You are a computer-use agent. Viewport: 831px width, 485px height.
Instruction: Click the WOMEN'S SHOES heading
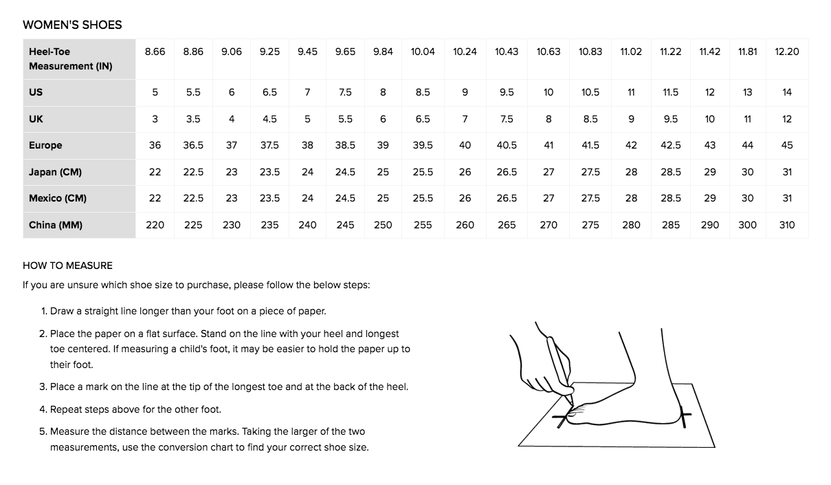[72, 25]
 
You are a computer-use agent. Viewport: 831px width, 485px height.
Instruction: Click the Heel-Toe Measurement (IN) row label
[70, 58]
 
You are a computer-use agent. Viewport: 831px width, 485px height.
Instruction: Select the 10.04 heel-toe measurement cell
[423, 52]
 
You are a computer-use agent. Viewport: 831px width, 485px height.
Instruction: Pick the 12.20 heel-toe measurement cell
[786, 52]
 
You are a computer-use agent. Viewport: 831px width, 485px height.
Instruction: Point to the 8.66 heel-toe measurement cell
[155, 52]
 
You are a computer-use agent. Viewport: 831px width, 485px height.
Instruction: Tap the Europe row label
[45, 145]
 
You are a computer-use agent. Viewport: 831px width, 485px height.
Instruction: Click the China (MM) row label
[56, 225]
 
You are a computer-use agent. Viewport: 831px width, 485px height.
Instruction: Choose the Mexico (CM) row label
[58, 198]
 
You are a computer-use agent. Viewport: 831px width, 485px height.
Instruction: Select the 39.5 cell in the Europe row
[423, 145]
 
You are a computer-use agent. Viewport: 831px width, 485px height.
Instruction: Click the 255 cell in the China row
[423, 225]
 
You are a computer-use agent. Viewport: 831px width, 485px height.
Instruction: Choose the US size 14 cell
[787, 92]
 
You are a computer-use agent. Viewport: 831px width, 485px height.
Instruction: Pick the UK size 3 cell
[155, 119]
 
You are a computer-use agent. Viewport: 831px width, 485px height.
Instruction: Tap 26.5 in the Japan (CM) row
[507, 172]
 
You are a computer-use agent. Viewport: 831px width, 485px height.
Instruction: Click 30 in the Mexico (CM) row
[747, 198]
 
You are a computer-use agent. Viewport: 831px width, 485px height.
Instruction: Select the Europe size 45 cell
[787, 145]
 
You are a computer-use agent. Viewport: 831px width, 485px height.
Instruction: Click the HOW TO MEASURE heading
[67, 266]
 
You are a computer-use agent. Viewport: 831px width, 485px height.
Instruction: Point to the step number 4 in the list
[43, 409]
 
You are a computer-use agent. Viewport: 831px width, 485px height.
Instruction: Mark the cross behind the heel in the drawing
[684, 416]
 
